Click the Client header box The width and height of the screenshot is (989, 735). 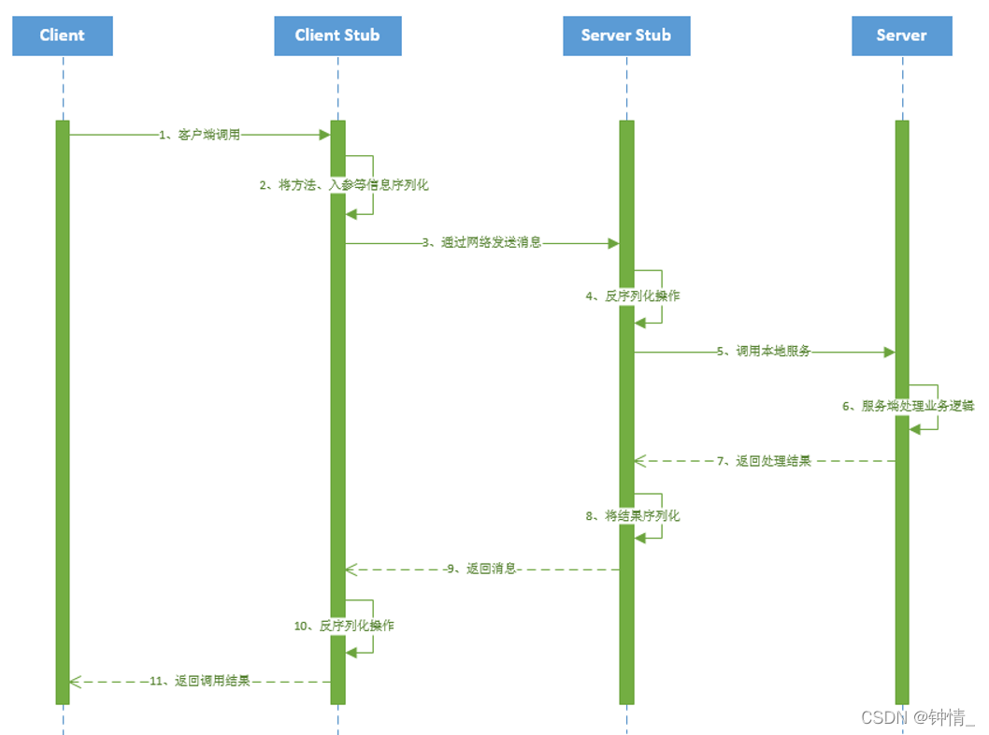63,36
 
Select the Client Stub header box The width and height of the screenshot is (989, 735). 337,36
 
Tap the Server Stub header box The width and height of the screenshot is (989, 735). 626,36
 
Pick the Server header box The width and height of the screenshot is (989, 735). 901,36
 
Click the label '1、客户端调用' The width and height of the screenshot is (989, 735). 199,135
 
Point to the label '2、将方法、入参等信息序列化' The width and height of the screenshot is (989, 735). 344,185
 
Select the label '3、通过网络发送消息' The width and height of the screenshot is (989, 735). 481,243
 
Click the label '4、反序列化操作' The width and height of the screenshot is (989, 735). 633,295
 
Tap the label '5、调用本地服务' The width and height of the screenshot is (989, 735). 764,352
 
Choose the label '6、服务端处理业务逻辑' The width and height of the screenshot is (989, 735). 908,406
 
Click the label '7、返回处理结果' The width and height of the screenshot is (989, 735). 764,461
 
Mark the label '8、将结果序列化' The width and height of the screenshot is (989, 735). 633,515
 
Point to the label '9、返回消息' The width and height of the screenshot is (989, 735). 481,569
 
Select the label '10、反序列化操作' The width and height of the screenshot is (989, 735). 344,626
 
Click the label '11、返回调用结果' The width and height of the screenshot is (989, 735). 199,681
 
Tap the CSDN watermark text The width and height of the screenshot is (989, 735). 917,717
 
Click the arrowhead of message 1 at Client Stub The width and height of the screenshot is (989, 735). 325,135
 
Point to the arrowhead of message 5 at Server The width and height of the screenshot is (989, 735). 889,353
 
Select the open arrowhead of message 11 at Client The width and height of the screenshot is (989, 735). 75,681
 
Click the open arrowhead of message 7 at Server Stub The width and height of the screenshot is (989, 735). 639,461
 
